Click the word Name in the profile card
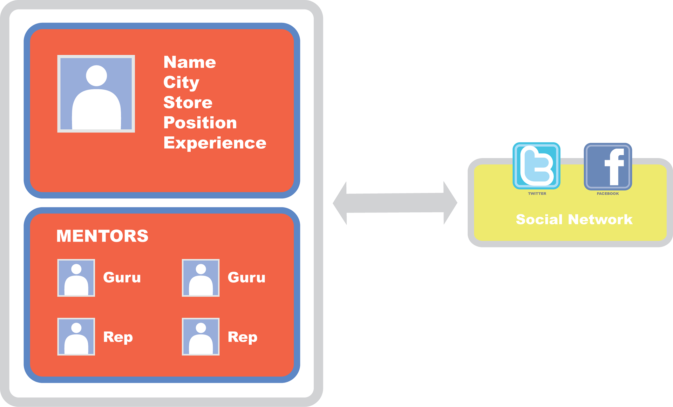[x=190, y=62]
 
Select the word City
[x=181, y=83]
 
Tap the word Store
[x=188, y=103]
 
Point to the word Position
[x=200, y=123]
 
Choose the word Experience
[x=215, y=143]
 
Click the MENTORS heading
[x=102, y=236]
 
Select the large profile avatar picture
[x=96, y=94]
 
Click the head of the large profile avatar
[x=96, y=75]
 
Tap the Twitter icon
[x=536, y=166]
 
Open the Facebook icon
[x=608, y=167]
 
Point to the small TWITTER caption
[x=537, y=194]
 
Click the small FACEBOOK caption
[x=608, y=194]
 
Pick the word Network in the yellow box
[x=600, y=219]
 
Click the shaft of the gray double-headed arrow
[x=395, y=203]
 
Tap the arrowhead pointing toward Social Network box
[x=450, y=203]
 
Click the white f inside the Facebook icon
[x=614, y=167]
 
